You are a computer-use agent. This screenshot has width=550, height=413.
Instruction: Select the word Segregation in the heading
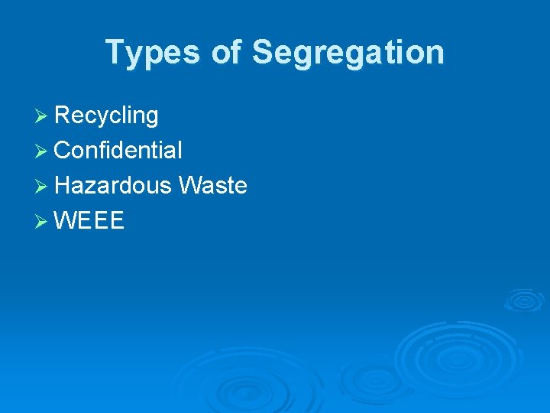click(348, 53)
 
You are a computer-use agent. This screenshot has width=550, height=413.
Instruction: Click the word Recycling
click(107, 115)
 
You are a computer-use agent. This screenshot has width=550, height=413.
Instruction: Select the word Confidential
click(118, 150)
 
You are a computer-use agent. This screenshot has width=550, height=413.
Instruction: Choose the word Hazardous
click(113, 185)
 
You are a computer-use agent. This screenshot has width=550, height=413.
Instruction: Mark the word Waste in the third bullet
click(212, 185)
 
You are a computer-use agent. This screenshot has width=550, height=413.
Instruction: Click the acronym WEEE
click(89, 221)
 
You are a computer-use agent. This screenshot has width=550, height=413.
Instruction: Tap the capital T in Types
click(114, 52)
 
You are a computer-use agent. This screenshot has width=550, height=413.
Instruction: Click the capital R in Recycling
click(63, 115)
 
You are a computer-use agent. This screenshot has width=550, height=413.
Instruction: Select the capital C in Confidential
click(63, 150)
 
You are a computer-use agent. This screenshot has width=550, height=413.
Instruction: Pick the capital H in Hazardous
click(63, 185)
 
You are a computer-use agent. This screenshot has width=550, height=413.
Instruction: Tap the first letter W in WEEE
click(66, 221)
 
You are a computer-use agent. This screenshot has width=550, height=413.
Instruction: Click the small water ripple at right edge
click(523, 299)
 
